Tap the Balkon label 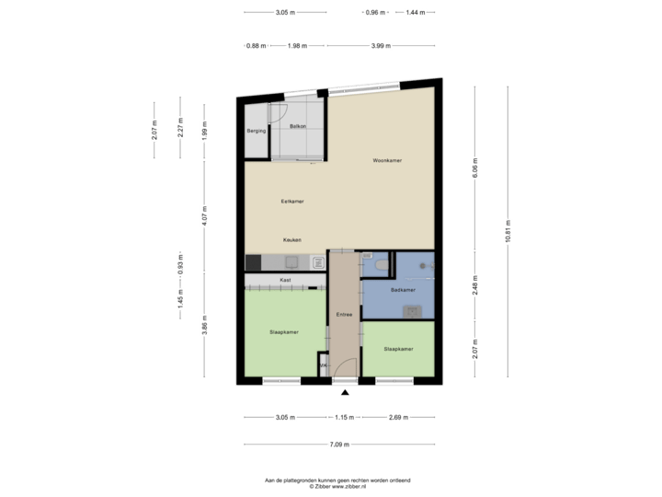coord(297,125)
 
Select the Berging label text coord(257,132)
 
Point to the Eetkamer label coord(292,201)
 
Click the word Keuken coord(292,239)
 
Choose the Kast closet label coord(286,280)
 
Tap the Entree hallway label coord(345,315)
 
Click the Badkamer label coord(403,290)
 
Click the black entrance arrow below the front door coord(345,392)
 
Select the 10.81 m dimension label coord(508,229)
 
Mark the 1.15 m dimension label coord(345,417)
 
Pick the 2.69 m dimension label coord(398,417)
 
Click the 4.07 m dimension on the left coord(204,214)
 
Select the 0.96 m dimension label coord(374,13)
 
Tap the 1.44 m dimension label coord(417,13)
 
